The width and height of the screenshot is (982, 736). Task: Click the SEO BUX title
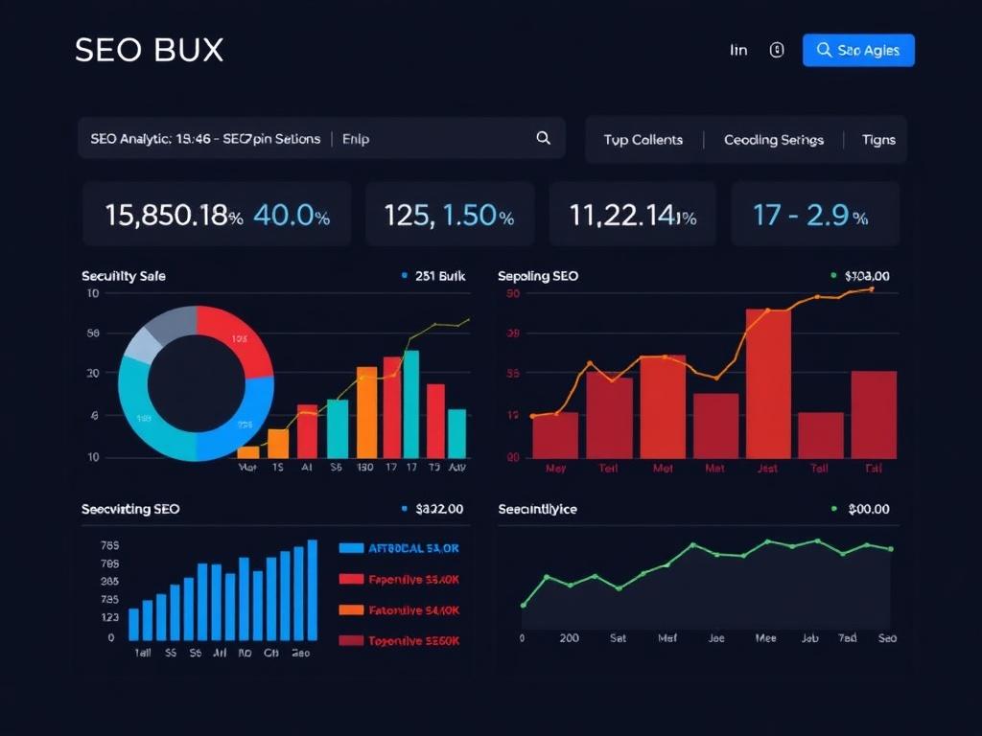pyautogui.click(x=149, y=51)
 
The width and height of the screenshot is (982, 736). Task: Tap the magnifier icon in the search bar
pyautogui.click(x=543, y=138)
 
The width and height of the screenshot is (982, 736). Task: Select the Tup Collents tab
pyautogui.click(x=643, y=140)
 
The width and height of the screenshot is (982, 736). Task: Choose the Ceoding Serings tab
pyautogui.click(x=773, y=140)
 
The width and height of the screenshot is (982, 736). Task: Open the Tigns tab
pyautogui.click(x=878, y=140)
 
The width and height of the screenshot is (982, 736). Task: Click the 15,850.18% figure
pyautogui.click(x=173, y=216)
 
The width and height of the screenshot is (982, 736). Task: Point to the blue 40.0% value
pyautogui.click(x=292, y=216)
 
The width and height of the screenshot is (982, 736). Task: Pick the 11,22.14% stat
pyautogui.click(x=632, y=216)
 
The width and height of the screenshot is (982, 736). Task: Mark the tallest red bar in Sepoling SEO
pyautogui.click(x=768, y=382)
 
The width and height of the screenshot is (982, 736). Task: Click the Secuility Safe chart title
pyautogui.click(x=124, y=276)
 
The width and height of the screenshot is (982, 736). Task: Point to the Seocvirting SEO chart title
pyautogui.click(x=130, y=509)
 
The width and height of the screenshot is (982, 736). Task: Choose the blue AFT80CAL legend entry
pyautogui.click(x=400, y=548)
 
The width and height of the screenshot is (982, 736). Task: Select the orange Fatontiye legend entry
pyautogui.click(x=400, y=610)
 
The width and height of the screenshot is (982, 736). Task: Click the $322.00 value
pyautogui.click(x=439, y=509)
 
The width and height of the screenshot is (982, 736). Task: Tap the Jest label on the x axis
pyautogui.click(x=767, y=469)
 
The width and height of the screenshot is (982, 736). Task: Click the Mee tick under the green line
pyautogui.click(x=765, y=637)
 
